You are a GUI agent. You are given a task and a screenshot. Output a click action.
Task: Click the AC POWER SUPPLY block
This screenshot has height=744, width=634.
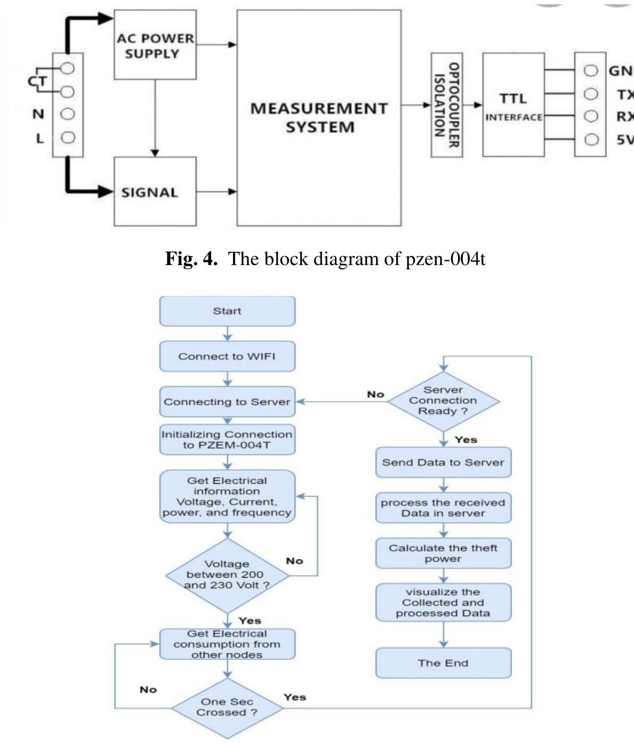155,46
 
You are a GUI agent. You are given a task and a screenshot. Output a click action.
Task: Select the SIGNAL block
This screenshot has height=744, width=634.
155,192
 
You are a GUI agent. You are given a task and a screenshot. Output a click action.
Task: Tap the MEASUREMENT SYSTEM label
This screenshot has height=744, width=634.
319,118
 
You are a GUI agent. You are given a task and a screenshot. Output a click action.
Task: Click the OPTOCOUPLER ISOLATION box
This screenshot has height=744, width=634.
446,105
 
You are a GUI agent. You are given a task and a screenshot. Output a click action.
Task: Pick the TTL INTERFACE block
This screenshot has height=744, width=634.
513,105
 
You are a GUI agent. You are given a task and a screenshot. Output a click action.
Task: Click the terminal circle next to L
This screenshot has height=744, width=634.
68,138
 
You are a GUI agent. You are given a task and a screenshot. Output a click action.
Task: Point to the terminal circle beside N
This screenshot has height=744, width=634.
68,114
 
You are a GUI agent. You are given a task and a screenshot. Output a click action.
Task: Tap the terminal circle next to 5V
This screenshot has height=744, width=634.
591,140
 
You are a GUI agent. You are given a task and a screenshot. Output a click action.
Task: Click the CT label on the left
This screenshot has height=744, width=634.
37,82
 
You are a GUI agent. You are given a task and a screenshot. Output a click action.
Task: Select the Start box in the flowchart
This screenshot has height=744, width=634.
227,311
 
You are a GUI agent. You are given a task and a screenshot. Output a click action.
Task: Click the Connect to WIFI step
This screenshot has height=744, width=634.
227,356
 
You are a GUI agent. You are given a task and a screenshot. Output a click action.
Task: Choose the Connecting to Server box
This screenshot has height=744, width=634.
227,402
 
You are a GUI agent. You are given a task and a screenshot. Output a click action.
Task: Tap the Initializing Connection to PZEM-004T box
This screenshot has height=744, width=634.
227,439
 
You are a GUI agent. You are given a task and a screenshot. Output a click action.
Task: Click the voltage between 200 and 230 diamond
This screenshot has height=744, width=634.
227,575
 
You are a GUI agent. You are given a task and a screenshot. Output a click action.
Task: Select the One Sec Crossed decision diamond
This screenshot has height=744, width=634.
227,708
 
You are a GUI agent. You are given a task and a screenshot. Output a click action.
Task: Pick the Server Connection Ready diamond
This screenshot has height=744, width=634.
443,401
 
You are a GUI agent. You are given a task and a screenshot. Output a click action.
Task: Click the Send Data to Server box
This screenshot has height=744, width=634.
443,462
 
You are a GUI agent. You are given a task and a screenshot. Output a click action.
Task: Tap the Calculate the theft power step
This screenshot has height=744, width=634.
443,554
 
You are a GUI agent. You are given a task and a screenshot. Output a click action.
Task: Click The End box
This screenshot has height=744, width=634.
443,663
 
